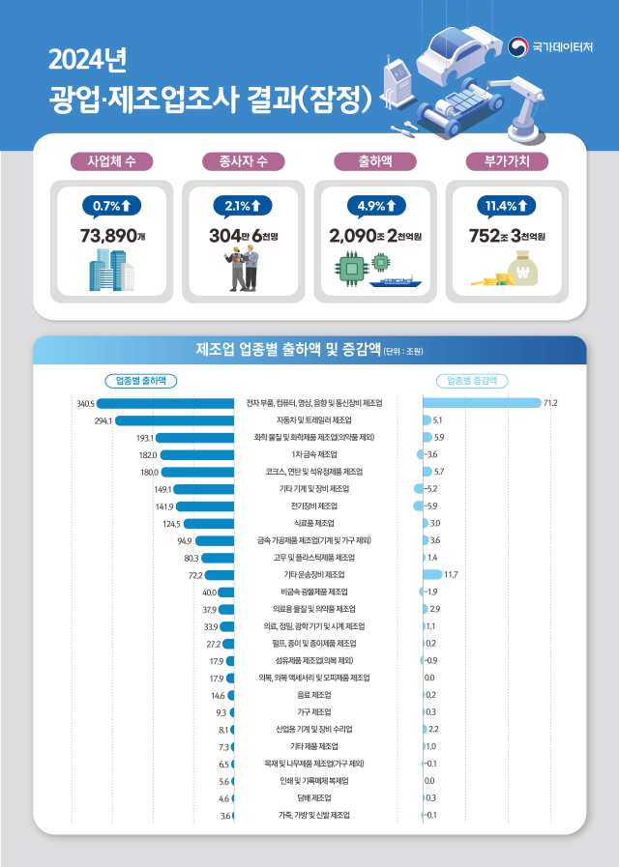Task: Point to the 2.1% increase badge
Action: coord(241,205)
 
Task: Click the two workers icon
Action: coord(242,269)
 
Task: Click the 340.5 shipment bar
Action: coord(165,402)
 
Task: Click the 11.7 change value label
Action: coord(451,575)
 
